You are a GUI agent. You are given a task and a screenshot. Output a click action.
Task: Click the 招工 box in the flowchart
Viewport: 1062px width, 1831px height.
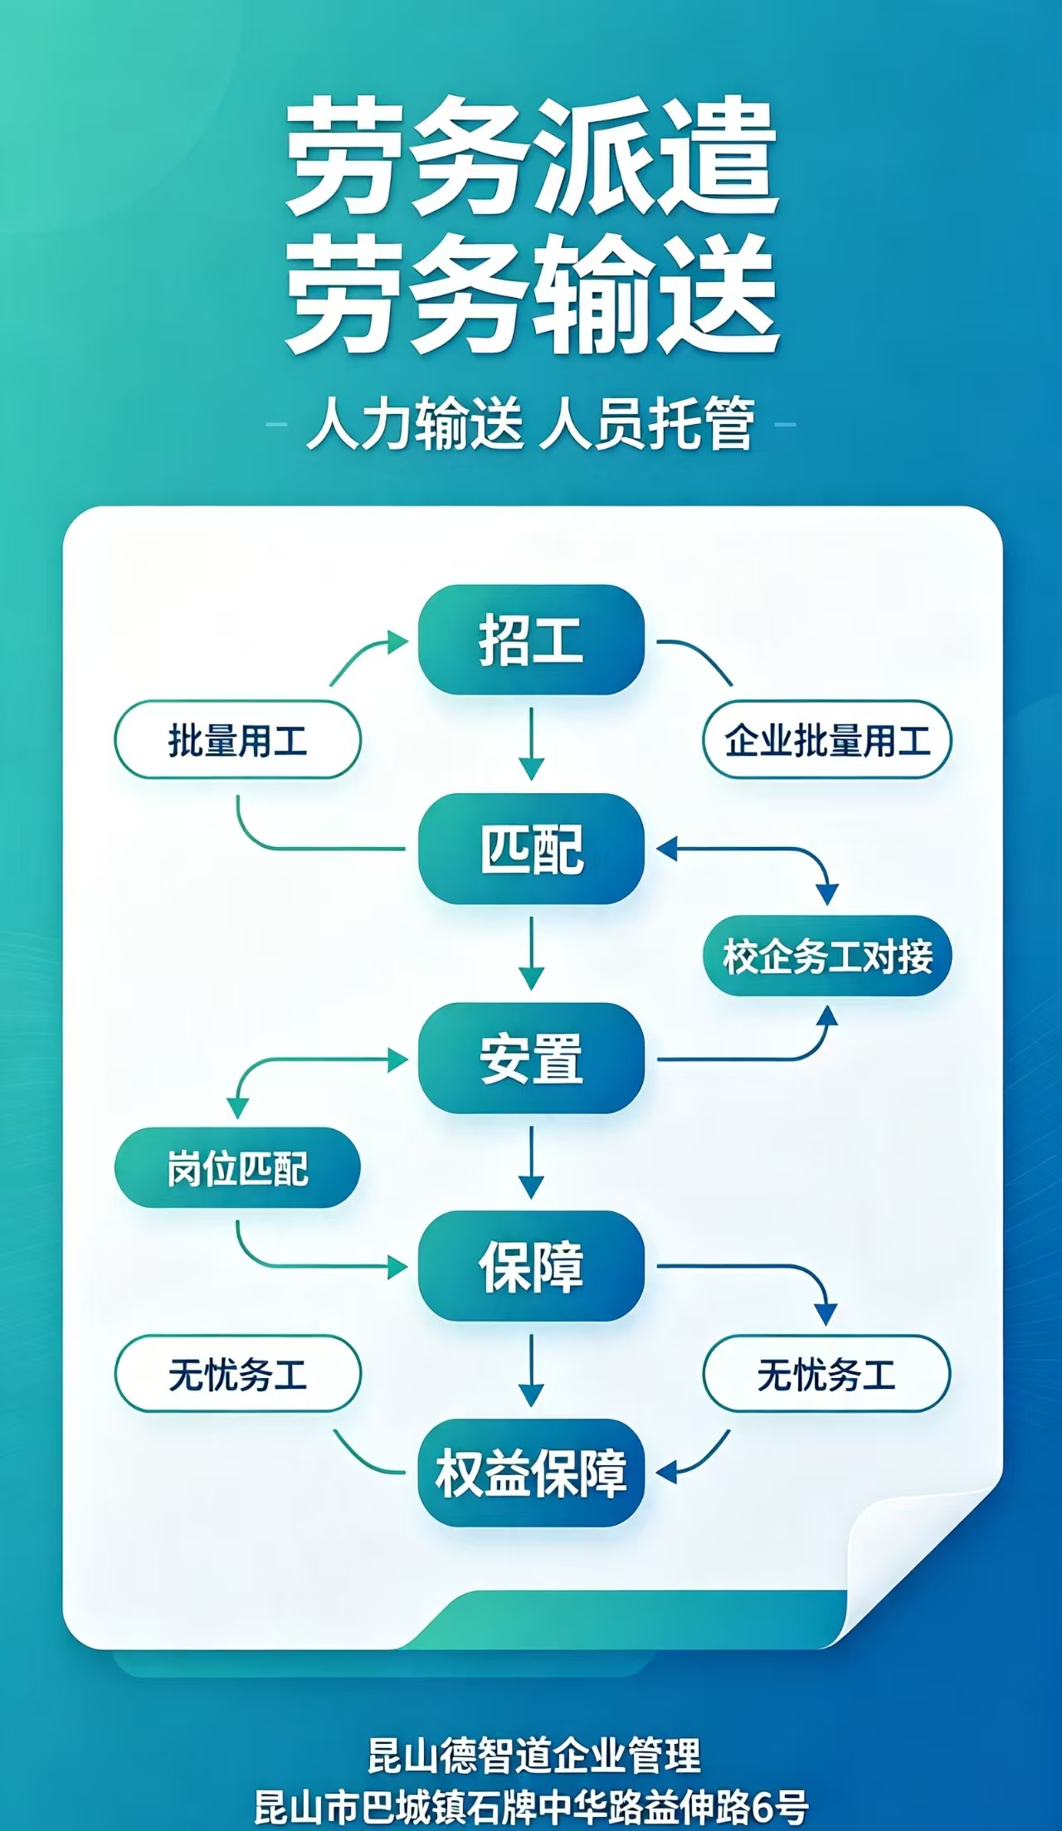tap(531, 640)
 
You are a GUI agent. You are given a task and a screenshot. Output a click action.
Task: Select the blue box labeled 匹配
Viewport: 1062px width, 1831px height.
tap(531, 848)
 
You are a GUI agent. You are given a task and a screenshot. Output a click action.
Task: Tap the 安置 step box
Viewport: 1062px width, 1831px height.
tap(531, 1058)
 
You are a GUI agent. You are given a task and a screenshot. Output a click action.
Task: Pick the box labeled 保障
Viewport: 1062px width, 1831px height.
tap(531, 1266)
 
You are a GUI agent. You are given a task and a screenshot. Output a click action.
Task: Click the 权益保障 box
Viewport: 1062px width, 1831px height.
tap(531, 1473)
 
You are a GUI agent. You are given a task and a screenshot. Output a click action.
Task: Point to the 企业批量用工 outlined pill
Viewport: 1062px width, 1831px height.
tap(827, 740)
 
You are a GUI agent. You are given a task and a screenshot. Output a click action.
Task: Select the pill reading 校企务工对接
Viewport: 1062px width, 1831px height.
tap(827, 956)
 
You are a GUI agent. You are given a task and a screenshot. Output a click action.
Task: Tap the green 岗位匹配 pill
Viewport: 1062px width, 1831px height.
tap(237, 1167)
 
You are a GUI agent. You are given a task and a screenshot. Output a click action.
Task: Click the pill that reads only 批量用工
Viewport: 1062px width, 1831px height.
tap(237, 740)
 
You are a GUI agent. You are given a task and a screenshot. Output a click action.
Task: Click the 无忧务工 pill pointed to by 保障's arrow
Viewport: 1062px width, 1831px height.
tap(827, 1374)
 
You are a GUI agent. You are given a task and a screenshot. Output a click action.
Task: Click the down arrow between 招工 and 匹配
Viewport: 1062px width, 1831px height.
tap(531, 744)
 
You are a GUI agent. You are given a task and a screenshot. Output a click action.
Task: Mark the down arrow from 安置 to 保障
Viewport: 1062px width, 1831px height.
tap(531, 1162)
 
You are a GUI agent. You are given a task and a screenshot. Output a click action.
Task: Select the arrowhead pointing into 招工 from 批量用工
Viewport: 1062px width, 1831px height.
tap(399, 641)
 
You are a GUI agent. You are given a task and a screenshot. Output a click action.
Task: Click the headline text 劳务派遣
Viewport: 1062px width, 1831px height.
tap(531, 158)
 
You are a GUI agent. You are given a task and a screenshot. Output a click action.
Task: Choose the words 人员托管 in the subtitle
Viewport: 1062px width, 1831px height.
tap(647, 424)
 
